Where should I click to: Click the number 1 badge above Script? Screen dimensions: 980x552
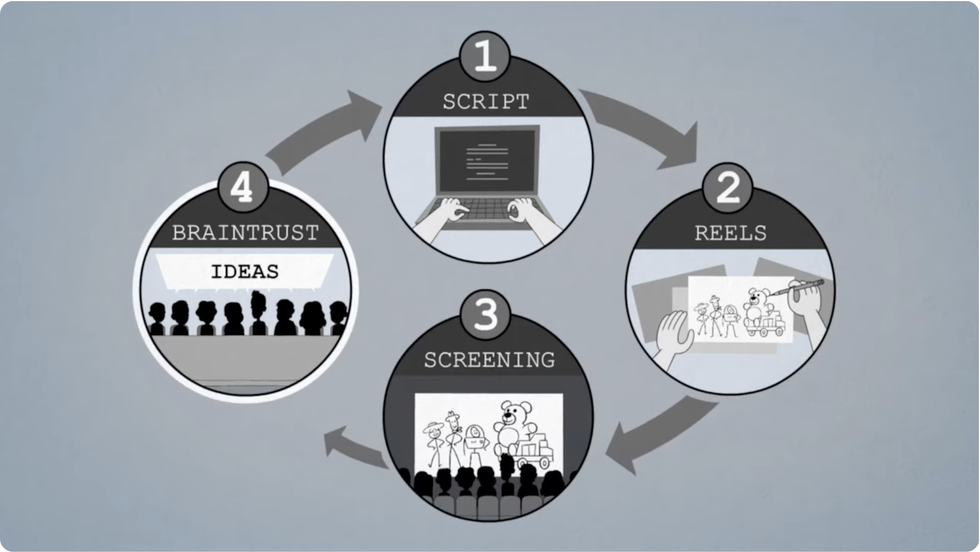tap(485, 56)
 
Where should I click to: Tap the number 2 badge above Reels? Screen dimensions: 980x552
tap(728, 188)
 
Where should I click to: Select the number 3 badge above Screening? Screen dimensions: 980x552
tap(486, 315)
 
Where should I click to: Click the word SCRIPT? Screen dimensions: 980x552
tap(486, 102)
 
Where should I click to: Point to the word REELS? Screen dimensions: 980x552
tap(730, 233)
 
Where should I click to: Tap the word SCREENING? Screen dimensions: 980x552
tap(489, 360)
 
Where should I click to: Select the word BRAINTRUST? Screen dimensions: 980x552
tap(245, 233)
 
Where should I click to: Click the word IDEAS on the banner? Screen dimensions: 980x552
tap(244, 271)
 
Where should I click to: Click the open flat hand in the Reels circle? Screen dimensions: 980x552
tap(674, 333)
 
